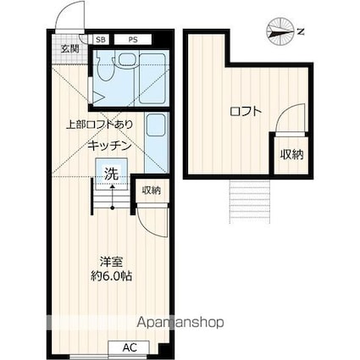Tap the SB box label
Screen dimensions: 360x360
pos(101,39)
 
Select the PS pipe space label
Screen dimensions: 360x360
pos(133,39)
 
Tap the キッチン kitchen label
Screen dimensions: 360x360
pos(108,145)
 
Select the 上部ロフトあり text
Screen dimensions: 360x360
pos(99,125)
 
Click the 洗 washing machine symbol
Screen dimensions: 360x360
pos(111,175)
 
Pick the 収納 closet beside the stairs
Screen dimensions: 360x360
pos(151,190)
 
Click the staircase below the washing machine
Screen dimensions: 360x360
pos(108,200)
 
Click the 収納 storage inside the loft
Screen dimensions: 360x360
pos(291,153)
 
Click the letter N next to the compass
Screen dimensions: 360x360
pos(301,31)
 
